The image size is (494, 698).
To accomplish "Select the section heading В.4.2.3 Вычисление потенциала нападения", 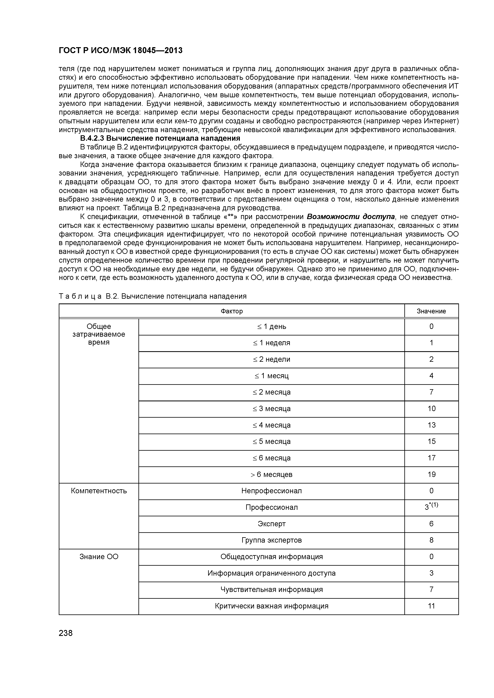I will (x=160, y=138).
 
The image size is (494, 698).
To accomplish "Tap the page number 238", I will (x=66, y=633).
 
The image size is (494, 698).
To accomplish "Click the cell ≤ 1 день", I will (x=272, y=327).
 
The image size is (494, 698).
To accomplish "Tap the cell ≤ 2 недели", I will (x=272, y=359).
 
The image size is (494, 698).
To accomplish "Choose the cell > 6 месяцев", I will (x=272, y=474).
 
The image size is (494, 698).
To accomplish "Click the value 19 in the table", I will (x=431, y=474).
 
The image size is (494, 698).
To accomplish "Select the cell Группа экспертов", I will (x=272, y=540).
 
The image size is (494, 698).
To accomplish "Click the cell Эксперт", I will (x=272, y=524).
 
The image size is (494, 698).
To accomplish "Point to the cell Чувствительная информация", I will (x=272, y=590).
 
